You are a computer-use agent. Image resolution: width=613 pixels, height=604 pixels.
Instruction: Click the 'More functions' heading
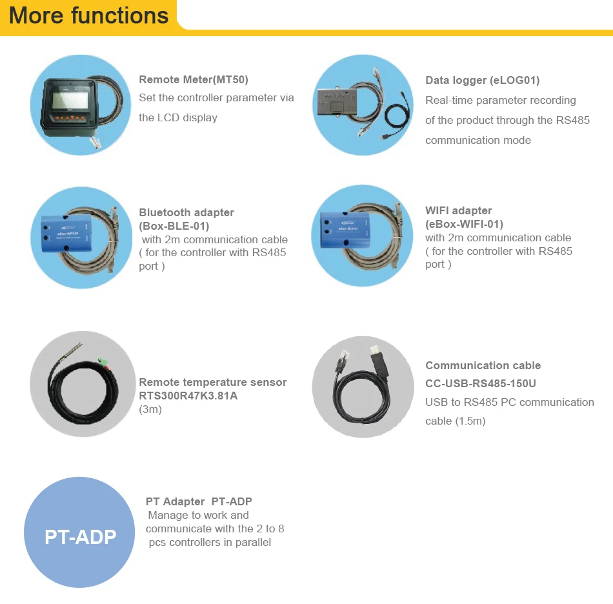(x=89, y=15)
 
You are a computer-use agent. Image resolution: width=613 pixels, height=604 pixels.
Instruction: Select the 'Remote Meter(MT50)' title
(x=194, y=80)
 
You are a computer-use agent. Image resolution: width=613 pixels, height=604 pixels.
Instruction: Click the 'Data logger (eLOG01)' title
(x=482, y=81)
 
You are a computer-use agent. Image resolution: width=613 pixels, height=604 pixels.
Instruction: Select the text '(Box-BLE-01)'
(x=174, y=226)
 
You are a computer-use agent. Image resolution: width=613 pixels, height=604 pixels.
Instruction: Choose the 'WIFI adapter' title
(x=458, y=210)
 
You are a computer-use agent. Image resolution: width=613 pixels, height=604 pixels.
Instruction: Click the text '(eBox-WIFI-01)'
(x=464, y=224)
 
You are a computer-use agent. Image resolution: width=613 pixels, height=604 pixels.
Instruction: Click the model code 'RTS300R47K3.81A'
(x=188, y=396)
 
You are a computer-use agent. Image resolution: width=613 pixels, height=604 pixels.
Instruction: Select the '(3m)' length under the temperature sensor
(x=150, y=409)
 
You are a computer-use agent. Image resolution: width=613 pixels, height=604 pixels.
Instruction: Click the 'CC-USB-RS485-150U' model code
(x=481, y=383)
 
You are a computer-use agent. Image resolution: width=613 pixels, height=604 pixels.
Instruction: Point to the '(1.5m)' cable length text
(x=470, y=421)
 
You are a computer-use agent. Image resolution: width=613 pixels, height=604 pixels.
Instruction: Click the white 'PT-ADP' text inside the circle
(x=81, y=536)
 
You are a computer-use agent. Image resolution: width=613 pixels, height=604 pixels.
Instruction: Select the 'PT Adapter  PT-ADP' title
(x=199, y=501)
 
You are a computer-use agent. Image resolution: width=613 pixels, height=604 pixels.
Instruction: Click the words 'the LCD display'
(x=178, y=117)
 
